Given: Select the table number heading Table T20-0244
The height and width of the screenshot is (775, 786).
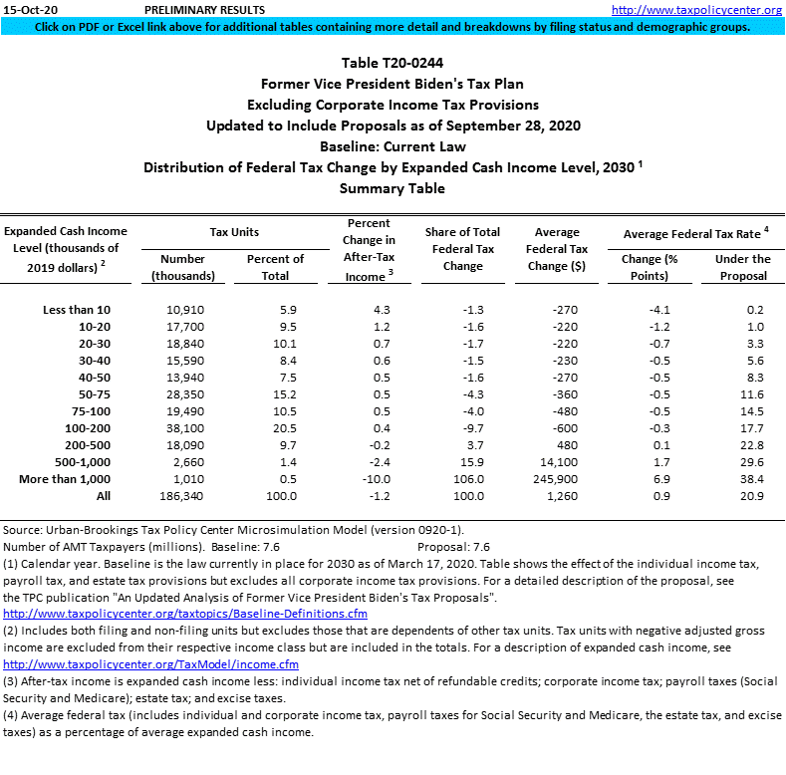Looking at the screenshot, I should pyautogui.click(x=393, y=63).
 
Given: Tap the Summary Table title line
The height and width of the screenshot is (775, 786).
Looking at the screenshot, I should pyautogui.click(x=393, y=188).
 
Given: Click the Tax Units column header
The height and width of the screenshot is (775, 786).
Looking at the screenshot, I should pyautogui.click(x=234, y=232).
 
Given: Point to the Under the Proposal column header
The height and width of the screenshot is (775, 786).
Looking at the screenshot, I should pyautogui.click(x=742, y=267).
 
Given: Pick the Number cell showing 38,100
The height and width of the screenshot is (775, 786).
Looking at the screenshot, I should pyautogui.click(x=184, y=429).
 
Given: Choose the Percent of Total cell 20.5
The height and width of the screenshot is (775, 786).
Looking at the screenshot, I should pyautogui.click(x=275, y=429).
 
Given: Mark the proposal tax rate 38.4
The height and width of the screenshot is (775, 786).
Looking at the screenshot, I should pyautogui.click(x=758, y=480).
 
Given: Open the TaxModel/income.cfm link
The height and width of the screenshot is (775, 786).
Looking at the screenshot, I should pyautogui.click(x=150, y=664).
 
